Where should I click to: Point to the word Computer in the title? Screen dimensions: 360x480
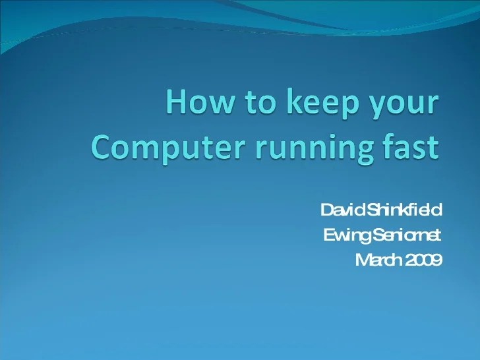point(161,146)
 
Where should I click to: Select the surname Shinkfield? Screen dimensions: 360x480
point(403,210)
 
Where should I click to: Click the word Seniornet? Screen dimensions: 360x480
point(404,235)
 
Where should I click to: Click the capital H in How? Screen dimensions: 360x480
point(176,106)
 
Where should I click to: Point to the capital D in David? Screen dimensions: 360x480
point(326,210)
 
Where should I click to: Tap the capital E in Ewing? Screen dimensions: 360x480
point(328,235)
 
